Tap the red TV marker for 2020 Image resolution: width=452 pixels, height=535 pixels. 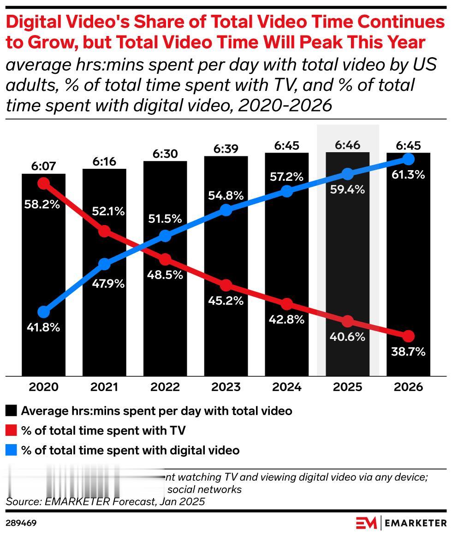[43, 184]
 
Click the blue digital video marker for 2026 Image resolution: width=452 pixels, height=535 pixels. [408, 159]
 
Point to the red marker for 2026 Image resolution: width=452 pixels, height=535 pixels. [408, 336]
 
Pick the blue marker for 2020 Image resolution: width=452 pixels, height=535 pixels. [43, 312]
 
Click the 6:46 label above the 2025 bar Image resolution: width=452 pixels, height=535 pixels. [348, 145]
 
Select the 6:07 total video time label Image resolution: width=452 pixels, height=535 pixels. [43, 166]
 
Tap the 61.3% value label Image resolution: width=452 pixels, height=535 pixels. [408, 175]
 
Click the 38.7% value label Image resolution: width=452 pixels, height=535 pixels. [408, 352]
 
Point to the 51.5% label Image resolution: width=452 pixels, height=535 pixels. [165, 220]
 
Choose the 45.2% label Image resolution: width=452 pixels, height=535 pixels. [226, 301]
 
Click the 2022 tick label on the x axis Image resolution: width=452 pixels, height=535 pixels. [165, 386]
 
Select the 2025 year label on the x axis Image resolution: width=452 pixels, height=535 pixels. [348, 386]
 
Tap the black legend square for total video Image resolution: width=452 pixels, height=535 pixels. [12, 410]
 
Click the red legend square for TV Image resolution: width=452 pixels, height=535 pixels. [12, 430]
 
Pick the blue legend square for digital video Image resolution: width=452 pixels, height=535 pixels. [12, 450]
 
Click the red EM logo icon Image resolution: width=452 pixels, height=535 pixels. [366, 523]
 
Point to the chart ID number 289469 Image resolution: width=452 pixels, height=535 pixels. [21, 523]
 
